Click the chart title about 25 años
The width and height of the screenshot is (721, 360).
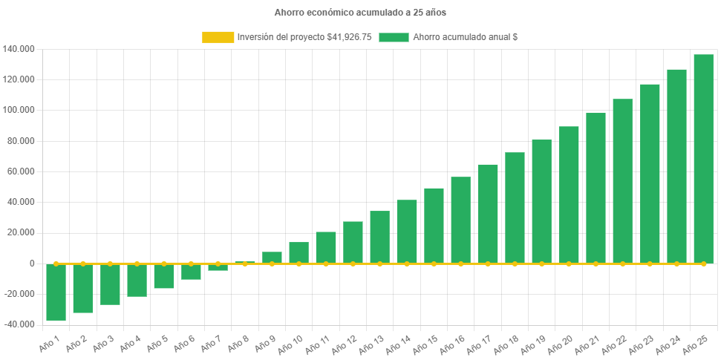click(360, 13)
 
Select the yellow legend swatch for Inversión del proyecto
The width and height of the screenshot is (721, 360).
click(218, 37)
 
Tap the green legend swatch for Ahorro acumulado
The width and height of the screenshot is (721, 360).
click(394, 37)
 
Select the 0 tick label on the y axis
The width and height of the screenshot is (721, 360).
click(32, 264)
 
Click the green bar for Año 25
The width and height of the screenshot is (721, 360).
click(703, 159)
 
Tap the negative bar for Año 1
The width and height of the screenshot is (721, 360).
click(56, 292)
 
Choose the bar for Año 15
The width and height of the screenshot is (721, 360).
click(434, 226)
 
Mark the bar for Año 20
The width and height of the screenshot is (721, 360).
click(569, 194)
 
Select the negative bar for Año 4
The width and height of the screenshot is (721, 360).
click(137, 281)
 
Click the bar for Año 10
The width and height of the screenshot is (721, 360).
click(298, 252)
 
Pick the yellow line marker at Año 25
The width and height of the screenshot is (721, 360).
click(703, 264)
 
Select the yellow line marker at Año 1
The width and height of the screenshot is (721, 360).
click(56, 264)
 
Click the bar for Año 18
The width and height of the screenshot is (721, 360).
click(515, 208)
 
